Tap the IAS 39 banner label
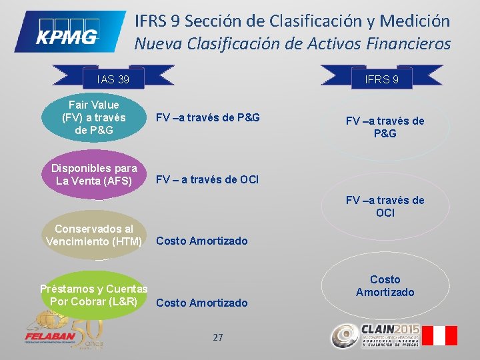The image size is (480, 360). pyautogui.click(x=113, y=80)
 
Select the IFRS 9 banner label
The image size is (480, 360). pyautogui.click(x=382, y=80)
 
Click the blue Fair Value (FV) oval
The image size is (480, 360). pyautogui.click(x=94, y=117)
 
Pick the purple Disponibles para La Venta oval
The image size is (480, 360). pyautogui.click(x=94, y=175)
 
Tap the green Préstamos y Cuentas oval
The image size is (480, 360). pyautogui.click(x=94, y=295)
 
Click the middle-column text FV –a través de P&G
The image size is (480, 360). pyautogui.click(x=207, y=118)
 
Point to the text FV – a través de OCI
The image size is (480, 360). pyautogui.click(x=207, y=179)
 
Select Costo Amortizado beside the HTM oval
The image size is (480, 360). pyautogui.click(x=201, y=241)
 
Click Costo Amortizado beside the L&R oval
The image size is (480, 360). pyautogui.click(x=201, y=303)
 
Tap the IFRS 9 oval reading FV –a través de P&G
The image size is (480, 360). pyautogui.click(x=385, y=127)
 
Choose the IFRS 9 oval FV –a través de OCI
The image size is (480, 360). pyautogui.click(x=385, y=207)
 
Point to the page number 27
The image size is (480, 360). pyautogui.click(x=218, y=337)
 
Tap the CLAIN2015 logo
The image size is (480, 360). pyautogui.click(x=377, y=335)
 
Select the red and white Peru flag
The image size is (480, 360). pyautogui.click(x=441, y=335)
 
